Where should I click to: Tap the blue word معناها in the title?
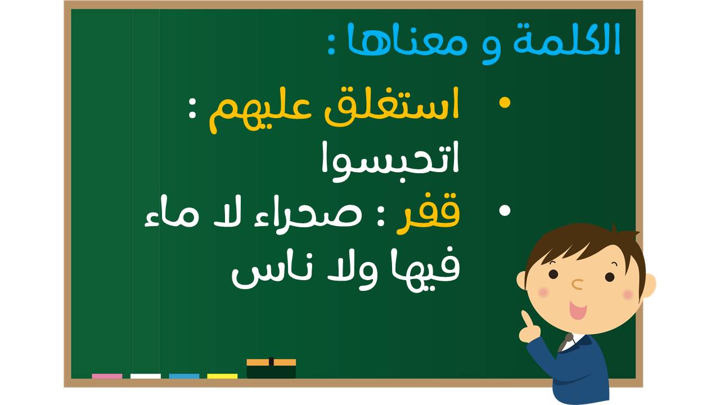(407, 40)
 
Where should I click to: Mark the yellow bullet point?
(505, 103)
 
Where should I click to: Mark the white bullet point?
(505, 210)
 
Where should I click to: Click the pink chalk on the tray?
(107, 376)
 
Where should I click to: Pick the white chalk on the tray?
(146, 376)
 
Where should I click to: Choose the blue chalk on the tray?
(184, 376)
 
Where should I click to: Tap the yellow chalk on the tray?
(222, 376)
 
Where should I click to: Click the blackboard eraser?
(271, 368)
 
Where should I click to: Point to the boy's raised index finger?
(526, 318)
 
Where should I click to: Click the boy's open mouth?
(578, 310)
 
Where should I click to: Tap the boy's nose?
(577, 284)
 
